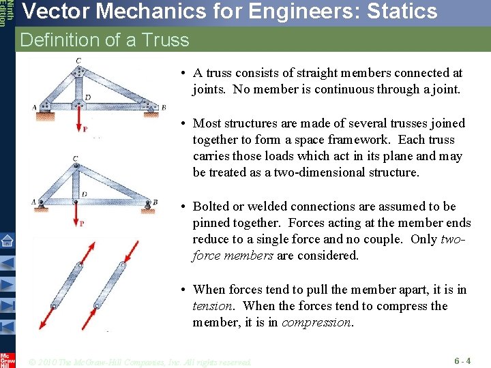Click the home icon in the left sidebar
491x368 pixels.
tap(8, 240)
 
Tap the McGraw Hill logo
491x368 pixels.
tap(8, 358)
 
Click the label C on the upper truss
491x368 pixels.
tap(78, 61)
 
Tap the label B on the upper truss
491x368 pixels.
tap(164, 107)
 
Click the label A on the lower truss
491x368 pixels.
tap(33, 202)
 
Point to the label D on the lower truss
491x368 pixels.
tap(84, 194)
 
